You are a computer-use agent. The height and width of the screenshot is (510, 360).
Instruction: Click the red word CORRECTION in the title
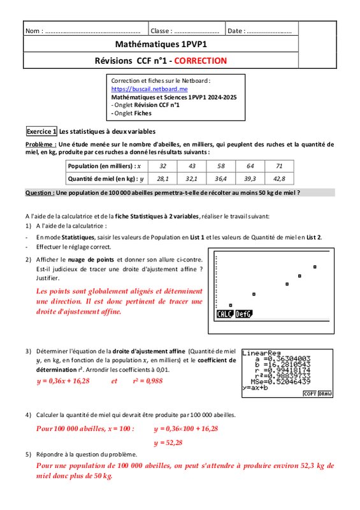(x=200, y=61)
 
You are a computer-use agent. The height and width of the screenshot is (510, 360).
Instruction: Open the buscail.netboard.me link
(x=149, y=89)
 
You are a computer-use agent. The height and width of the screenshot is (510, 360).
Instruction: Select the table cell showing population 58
(x=221, y=166)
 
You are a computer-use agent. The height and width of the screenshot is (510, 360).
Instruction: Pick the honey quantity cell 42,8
(x=279, y=178)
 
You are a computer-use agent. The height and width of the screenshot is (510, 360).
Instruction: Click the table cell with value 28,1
(x=162, y=178)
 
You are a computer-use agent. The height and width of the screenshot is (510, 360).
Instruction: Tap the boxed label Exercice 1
(x=41, y=131)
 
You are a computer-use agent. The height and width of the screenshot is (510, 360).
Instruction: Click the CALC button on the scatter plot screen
(x=225, y=314)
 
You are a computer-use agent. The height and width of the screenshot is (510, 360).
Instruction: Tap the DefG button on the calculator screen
(x=244, y=314)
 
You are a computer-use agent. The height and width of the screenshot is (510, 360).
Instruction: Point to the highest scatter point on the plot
(x=315, y=267)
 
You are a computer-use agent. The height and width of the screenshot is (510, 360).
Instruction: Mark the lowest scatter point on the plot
(x=231, y=305)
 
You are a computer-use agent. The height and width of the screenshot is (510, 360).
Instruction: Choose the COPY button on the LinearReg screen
(x=310, y=393)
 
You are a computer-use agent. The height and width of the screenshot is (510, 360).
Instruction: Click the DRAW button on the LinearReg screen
(x=325, y=393)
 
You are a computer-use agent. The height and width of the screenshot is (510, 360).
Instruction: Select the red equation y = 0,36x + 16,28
(x=63, y=381)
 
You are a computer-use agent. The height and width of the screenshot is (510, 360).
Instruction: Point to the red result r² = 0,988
(x=148, y=381)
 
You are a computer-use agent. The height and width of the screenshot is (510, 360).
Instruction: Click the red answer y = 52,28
(x=168, y=442)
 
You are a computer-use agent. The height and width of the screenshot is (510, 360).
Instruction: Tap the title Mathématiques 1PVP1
(x=161, y=44)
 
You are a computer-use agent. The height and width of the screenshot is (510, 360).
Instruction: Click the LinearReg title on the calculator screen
(x=261, y=353)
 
